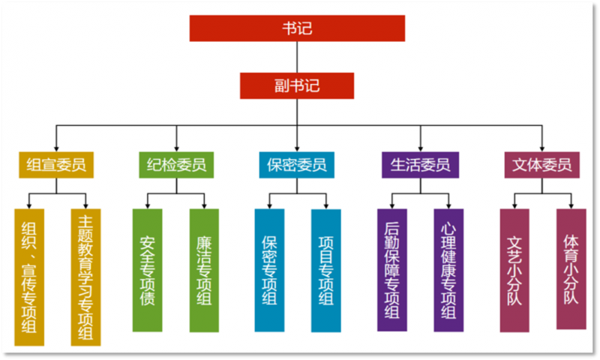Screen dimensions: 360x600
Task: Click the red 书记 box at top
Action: pos(297,28)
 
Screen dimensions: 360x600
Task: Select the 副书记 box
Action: pos(297,85)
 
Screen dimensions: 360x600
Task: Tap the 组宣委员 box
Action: pos(56,164)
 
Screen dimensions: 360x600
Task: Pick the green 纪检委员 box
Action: pos(176,164)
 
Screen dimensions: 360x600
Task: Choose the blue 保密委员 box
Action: pos(297,164)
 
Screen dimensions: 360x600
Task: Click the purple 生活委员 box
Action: pos(420,164)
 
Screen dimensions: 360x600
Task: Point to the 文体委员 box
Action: pos(541,164)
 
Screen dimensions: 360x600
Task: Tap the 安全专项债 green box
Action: pos(147,270)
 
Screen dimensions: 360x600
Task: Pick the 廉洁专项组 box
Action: pos(204,270)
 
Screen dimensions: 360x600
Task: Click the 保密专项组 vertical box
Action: pos(269,270)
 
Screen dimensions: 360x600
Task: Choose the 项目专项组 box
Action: pos(326,270)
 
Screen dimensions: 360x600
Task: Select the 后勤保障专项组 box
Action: pos(391,270)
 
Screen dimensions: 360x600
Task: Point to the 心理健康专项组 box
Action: pos(448,270)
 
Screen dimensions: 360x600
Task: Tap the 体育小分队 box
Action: pos(571,268)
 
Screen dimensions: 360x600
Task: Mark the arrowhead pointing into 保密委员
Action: pos(297,147)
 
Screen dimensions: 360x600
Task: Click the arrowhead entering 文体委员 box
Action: pos(541,147)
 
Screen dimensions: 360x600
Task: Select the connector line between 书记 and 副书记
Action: pos(297,56)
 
